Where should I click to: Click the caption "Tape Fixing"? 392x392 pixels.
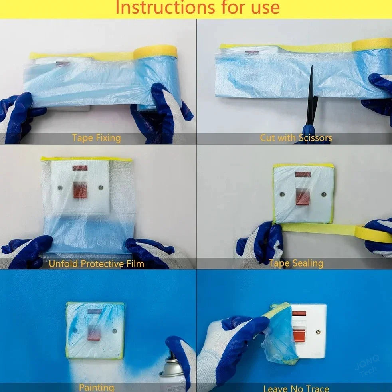click(x=96, y=138)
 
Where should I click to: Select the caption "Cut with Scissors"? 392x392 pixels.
click(x=296, y=138)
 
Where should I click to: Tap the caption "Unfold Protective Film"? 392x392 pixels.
click(x=96, y=264)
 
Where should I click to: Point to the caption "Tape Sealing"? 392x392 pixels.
click(x=296, y=263)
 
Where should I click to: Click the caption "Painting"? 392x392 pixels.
click(x=96, y=387)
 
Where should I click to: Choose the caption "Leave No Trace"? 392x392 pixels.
click(x=296, y=388)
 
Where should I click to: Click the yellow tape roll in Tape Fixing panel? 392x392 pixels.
click(x=155, y=52)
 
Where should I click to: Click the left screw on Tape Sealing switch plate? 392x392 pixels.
click(x=282, y=194)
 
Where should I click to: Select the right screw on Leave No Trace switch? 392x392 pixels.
click(x=318, y=332)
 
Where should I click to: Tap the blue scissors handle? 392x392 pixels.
click(x=309, y=130)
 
